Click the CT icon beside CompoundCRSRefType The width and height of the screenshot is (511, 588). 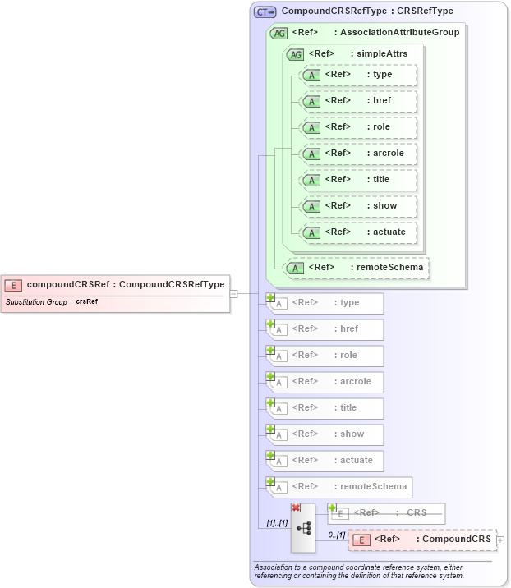[x=265, y=12]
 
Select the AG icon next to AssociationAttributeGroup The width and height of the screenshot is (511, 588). [x=279, y=33]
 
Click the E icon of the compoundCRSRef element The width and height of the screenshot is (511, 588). [x=13, y=285]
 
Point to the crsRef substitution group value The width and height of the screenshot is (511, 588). [x=87, y=302]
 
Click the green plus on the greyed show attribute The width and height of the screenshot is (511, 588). [x=270, y=429]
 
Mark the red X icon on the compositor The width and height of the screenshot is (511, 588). [x=296, y=508]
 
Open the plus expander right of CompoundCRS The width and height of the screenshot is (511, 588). [x=500, y=540]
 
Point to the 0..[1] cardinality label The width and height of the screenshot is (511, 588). [x=336, y=535]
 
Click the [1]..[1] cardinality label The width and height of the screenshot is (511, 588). [x=276, y=523]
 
